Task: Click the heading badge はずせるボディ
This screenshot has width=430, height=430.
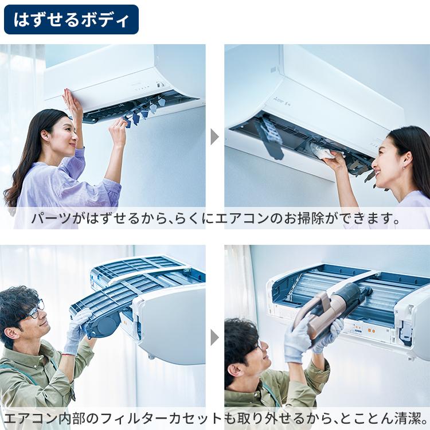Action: (x=71, y=20)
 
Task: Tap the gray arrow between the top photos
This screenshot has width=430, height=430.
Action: (x=215, y=137)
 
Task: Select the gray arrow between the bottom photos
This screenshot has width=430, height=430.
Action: (x=215, y=337)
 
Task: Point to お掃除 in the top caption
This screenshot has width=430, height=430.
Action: (x=307, y=219)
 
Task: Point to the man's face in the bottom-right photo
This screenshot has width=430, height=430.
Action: (x=249, y=355)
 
